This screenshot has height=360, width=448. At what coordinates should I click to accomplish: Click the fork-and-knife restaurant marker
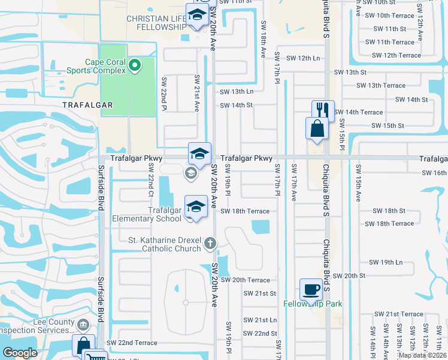322,110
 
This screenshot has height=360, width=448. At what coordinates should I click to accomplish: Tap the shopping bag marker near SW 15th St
317,128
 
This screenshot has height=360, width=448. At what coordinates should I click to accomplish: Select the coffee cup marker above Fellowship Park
311,289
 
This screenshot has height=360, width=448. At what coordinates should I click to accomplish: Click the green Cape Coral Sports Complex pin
135,64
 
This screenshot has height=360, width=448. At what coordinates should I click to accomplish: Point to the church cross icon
210,244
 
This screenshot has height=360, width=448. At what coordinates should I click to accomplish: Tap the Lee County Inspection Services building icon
84,326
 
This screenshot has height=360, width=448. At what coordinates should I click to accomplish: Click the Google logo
20,352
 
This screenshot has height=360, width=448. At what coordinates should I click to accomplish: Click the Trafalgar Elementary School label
147,214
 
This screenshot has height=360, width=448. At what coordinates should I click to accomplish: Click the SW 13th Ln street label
237,91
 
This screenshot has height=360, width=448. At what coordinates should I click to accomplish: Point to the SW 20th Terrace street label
245,280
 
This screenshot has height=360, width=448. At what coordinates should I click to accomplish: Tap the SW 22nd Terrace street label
132,343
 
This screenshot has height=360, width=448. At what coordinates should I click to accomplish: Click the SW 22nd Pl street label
164,94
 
